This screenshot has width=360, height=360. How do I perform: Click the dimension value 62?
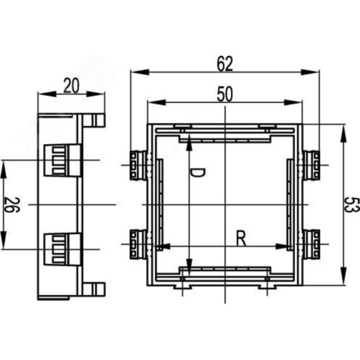tap(225, 64)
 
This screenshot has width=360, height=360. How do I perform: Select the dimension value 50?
tap(225, 94)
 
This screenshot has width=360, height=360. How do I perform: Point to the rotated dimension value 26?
tap(12, 204)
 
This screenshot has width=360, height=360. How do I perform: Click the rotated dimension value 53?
tap(351, 204)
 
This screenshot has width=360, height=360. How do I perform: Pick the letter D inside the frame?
tap(198, 173)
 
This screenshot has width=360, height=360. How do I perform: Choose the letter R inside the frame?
tap(241, 238)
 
